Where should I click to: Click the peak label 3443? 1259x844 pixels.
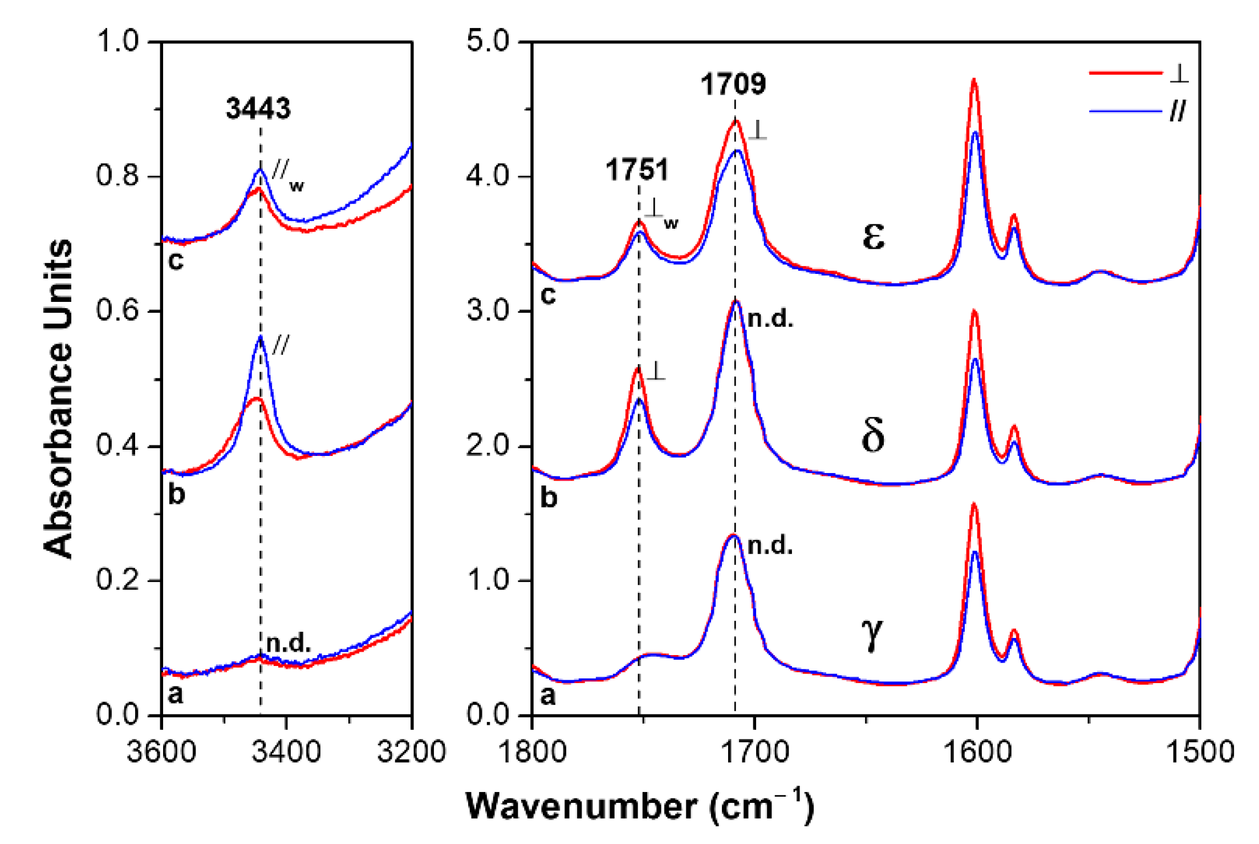[258, 108]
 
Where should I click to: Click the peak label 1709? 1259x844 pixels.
[733, 84]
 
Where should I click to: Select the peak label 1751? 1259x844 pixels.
[637, 169]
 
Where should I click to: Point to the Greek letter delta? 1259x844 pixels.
[872, 435]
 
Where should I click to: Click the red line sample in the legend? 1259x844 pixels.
[1124, 73]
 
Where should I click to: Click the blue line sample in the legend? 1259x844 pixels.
[1124, 111]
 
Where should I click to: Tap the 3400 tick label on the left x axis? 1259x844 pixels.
[286, 752]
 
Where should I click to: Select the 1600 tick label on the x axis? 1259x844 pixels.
[977, 752]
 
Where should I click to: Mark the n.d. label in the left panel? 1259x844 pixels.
[289, 644]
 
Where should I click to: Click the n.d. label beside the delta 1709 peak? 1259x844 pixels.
[770, 319]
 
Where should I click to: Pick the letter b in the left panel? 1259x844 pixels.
[176, 494]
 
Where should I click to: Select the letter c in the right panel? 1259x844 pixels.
[547, 295]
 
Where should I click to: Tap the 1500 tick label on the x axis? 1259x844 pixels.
[1200, 752]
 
